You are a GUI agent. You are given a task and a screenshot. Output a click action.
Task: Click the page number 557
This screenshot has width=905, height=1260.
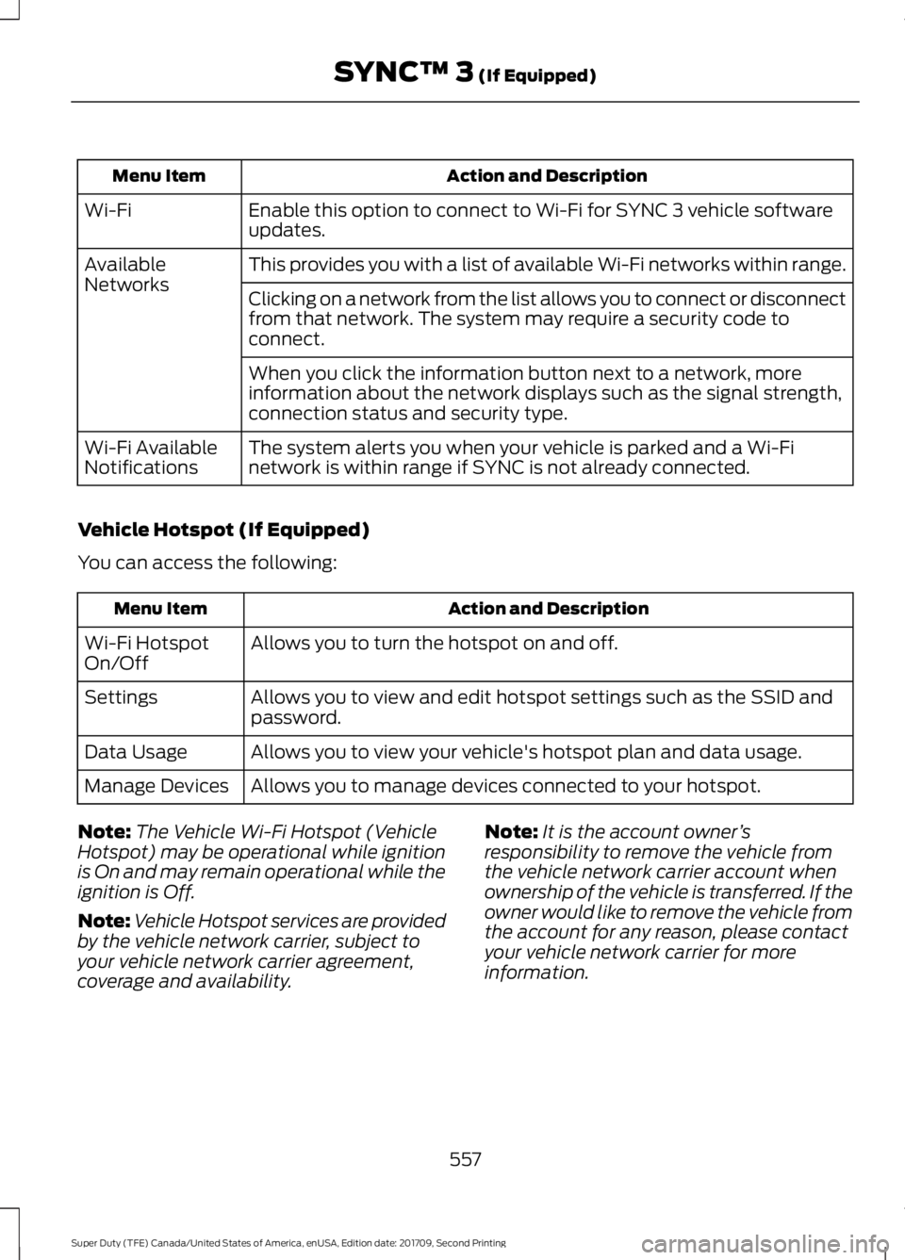pos(465,1160)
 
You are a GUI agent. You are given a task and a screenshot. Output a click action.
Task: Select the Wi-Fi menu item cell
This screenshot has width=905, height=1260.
pos(107,210)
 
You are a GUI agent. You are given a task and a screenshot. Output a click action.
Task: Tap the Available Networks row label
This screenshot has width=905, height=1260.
pos(126,274)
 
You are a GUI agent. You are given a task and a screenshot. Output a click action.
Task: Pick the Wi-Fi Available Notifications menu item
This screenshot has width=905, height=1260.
pos(150,457)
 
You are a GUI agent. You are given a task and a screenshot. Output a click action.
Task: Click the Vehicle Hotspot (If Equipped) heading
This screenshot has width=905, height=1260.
pos(222,530)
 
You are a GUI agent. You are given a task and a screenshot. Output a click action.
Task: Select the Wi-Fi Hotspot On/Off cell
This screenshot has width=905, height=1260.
pos(146,652)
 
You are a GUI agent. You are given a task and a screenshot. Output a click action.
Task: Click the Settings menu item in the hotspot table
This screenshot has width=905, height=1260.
pos(121,697)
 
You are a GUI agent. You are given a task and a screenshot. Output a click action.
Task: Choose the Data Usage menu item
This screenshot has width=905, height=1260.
pos(136,752)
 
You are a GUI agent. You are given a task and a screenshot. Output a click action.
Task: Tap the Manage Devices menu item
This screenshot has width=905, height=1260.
pos(156,786)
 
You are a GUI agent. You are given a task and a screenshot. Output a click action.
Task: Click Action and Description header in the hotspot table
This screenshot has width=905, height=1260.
pos(548,609)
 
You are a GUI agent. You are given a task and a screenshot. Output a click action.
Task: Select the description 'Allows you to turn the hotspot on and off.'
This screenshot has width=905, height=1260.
pos(434,643)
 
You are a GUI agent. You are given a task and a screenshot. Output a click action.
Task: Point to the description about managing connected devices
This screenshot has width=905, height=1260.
pos(505,786)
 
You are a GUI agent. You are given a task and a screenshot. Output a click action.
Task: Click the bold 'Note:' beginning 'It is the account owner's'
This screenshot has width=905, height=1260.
pos(510,832)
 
